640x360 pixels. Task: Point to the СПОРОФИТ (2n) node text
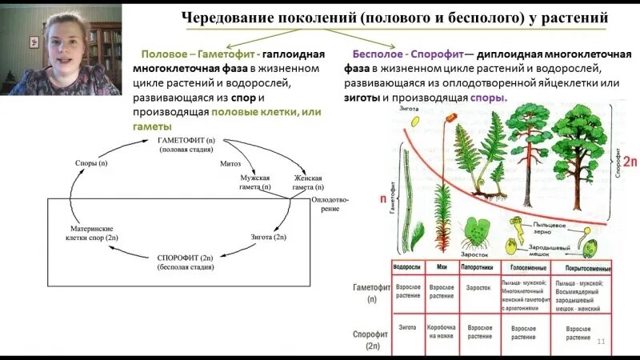click(x=184, y=258)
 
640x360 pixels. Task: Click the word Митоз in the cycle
click(x=230, y=163)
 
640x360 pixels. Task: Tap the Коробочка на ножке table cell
click(x=442, y=332)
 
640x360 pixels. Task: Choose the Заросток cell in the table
click(x=480, y=287)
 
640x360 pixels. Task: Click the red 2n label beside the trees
click(x=629, y=162)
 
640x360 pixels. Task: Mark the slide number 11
click(x=601, y=342)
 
